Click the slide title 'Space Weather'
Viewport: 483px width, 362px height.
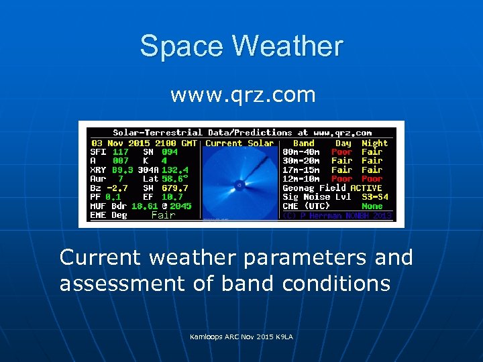(x=241, y=46)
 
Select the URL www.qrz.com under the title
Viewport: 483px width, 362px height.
(x=243, y=95)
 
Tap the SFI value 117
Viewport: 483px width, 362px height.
(x=120, y=152)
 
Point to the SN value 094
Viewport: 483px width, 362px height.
(x=172, y=152)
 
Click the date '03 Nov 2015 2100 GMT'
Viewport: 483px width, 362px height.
(x=144, y=143)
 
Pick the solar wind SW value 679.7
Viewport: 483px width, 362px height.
(x=175, y=188)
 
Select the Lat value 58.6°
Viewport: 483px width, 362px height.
(x=175, y=179)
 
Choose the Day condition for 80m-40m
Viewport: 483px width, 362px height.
(x=342, y=152)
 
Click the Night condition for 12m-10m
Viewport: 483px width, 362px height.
(x=372, y=179)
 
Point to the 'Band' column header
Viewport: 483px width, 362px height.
(x=304, y=143)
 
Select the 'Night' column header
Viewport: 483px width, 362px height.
(x=374, y=143)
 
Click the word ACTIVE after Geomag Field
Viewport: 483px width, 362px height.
(x=366, y=188)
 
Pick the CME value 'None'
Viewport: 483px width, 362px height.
(x=372, y=206)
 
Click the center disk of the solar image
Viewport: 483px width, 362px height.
(x=239, y=184)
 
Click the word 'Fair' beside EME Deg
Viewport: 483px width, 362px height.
(x=163, y=215)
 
